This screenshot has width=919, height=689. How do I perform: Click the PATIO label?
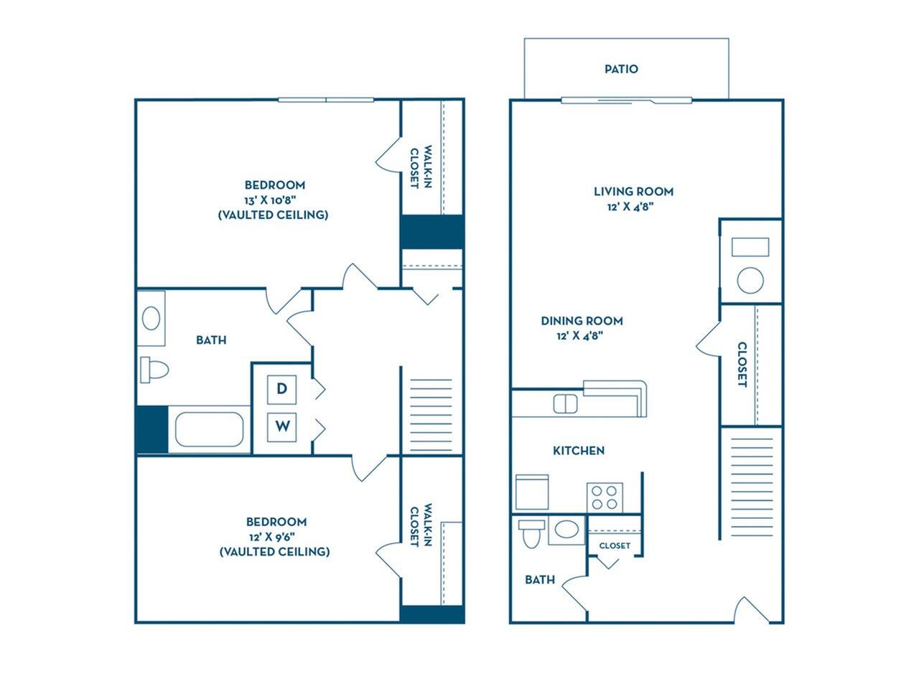[621, 69]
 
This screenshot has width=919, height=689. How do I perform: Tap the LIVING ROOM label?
[633, 191]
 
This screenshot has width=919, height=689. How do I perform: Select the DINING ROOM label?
[582, 321]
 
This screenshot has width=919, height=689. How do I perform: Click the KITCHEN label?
[578, 450]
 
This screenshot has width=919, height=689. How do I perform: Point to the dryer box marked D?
[282, 389]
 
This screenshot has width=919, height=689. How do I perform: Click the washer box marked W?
[282, 426]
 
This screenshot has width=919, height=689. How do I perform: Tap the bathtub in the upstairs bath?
[210, 429]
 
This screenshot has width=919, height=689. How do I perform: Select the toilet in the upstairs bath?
[154, 369]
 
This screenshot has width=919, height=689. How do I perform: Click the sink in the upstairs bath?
[151, 318]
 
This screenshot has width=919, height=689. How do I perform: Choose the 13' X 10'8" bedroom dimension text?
[274, 200]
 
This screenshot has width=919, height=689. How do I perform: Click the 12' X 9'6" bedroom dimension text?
[274, 536]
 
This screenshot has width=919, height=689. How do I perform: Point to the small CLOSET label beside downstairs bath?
[615, 545]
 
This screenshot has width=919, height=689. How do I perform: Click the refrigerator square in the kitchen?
[532, 492]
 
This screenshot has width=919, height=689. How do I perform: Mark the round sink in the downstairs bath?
[567, 530]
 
